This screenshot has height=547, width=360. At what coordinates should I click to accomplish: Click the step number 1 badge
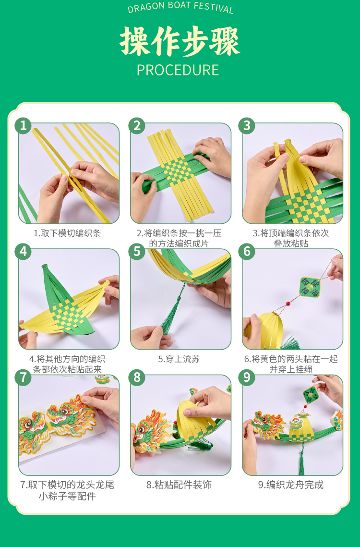[x=23, y=126]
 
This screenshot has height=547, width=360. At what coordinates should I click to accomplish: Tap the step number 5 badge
[x=137, y=252]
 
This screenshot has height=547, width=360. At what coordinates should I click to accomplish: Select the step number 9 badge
[x=247, y=377]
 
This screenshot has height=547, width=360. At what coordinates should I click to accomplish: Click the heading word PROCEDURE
[x=178, y=70]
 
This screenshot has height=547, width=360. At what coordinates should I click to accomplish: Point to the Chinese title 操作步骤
[x=180, y=41]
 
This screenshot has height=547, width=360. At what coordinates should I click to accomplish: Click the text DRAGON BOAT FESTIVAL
[x=180, y=8]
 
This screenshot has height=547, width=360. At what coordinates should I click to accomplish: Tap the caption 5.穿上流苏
[x=179, y=359]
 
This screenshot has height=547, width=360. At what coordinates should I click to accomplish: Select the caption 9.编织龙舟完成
[x=290, y=485]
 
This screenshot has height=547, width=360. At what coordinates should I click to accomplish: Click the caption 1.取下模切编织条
[x=67, y=233]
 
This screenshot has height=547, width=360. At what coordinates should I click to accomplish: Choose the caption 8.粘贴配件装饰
[x=179, y=485]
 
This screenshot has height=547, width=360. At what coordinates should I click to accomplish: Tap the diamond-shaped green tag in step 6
[x=310, y=287]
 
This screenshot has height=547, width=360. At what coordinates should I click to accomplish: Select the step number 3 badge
[x=247, y=126]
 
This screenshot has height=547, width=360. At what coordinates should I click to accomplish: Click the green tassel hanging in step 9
[x=302, y=461]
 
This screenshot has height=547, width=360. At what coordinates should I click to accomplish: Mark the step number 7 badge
[x=23, y=377]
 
